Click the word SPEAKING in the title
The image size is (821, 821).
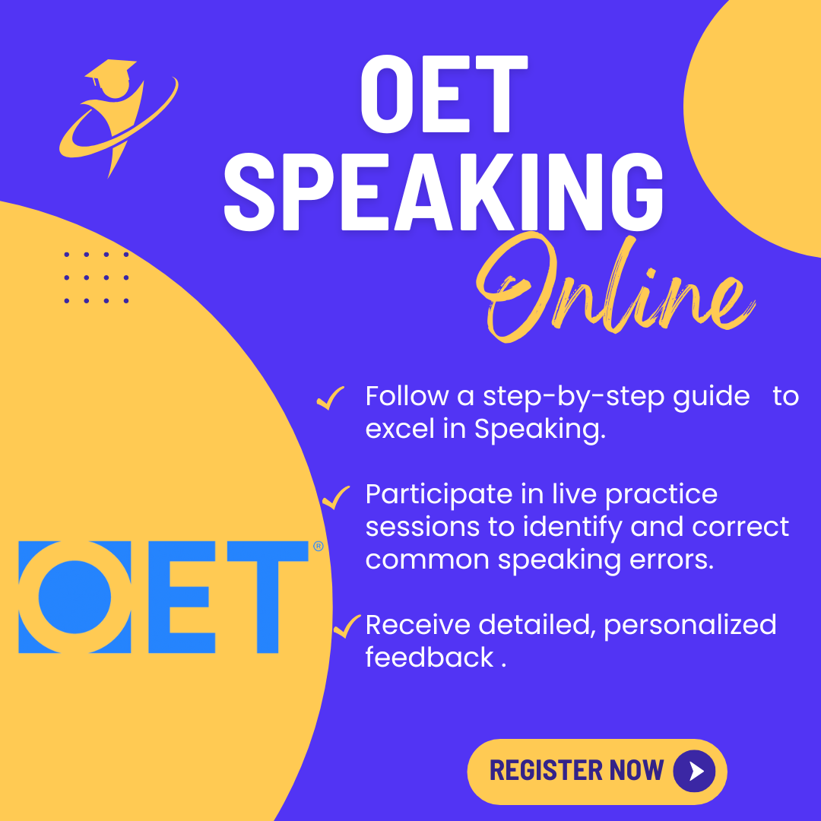(x=444, y=192)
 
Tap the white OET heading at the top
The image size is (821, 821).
(x=444, y=94)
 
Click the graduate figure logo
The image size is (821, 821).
(x=119, y=119)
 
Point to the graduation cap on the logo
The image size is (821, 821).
(x=110, y=71)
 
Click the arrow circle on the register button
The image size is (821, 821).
(x=694, y=771)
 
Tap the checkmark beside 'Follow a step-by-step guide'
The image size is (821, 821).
(x=331, y=398)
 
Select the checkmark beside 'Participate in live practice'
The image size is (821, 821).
(x=336, y=497)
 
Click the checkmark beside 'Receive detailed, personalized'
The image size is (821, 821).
(x=347, y=626)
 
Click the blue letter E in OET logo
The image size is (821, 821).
(x=182, y=597)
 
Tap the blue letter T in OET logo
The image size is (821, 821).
(x=268, y=597)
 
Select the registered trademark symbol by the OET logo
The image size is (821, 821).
(x=319, y=547)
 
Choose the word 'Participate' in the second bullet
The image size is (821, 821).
(x=439, y=496)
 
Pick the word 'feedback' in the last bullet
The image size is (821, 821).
(x=430, y=658)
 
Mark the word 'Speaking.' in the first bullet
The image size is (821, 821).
(x=540, y=430)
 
